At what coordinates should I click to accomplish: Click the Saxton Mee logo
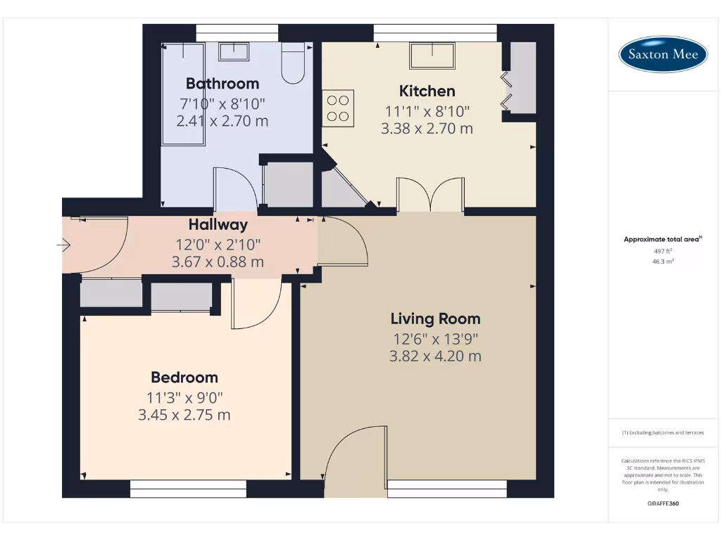tap(663, 54)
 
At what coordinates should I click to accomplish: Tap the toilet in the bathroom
tap(293, 63)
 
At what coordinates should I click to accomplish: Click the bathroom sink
tap(233, 51)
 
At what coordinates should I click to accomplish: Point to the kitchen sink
tap(432, 55)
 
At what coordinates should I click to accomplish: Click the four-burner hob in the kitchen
tap(338, 108)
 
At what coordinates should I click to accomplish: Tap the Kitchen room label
tap(427, 91)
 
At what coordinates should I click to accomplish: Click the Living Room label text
tap(435, 319)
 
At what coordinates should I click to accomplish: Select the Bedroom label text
tap(184, 377)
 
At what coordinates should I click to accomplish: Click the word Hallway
tap(218, 225)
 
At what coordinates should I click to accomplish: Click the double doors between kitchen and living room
tap(430, 195)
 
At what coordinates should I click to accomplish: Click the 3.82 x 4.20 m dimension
tap(435, 356)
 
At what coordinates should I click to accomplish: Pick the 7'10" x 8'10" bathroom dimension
tap(222, 103)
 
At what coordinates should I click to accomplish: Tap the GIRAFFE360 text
tap(662, 503)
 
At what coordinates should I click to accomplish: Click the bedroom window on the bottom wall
tap(188, 489)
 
